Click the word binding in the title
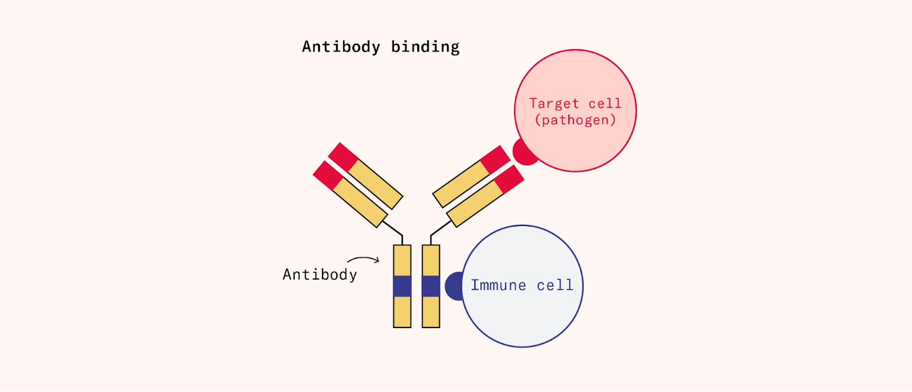[425, 47]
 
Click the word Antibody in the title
[341, 47]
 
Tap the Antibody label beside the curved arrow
[320, 274]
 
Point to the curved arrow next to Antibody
[364, 260]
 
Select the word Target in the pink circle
[554, 103]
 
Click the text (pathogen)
[575, 120]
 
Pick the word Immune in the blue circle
[498, 285]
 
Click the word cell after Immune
[555, 285]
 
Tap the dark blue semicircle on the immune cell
[454, 286]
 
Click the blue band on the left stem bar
[402, 286]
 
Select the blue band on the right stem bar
[431, 286]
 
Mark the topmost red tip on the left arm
[343, 157]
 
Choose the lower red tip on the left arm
[328, 175]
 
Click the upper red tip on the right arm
[495, 159]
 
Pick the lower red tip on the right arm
[509, 179]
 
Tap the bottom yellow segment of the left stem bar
[402, 312]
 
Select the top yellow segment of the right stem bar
[431, 260]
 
